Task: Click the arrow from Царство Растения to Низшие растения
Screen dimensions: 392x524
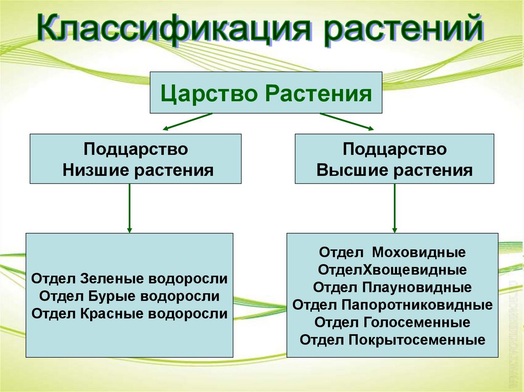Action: (x=187, y=122)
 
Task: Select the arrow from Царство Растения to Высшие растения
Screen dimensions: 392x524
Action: (x=346, y=122)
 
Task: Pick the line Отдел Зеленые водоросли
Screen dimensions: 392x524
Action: (x=129, y=279)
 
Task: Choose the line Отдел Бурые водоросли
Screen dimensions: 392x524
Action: (x=129, y=296)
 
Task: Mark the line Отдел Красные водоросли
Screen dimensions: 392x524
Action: (x=129, y=313)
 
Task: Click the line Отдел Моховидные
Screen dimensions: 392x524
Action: (x=392, y=253)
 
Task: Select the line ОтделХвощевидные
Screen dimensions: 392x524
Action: (x=392, y=269)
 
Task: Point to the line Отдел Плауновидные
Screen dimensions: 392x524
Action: (x=392, y=287)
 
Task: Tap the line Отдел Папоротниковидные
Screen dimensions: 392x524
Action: (x=392, y=305)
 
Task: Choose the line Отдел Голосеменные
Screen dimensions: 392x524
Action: (x=392, y=322)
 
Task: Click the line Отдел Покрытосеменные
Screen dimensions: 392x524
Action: (x=392, y=339)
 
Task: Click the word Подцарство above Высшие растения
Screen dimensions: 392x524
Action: (x=395, y=150)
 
